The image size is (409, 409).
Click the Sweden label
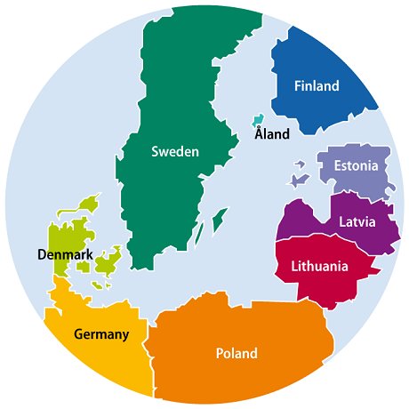174,151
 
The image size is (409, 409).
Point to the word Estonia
356,166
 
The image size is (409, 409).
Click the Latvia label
357,221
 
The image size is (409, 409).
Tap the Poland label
237,353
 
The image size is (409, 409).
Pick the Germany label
102,334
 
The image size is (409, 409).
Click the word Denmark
66,255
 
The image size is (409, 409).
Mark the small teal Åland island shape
258,119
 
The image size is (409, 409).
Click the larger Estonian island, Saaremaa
299,180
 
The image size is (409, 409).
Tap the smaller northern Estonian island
300,164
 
